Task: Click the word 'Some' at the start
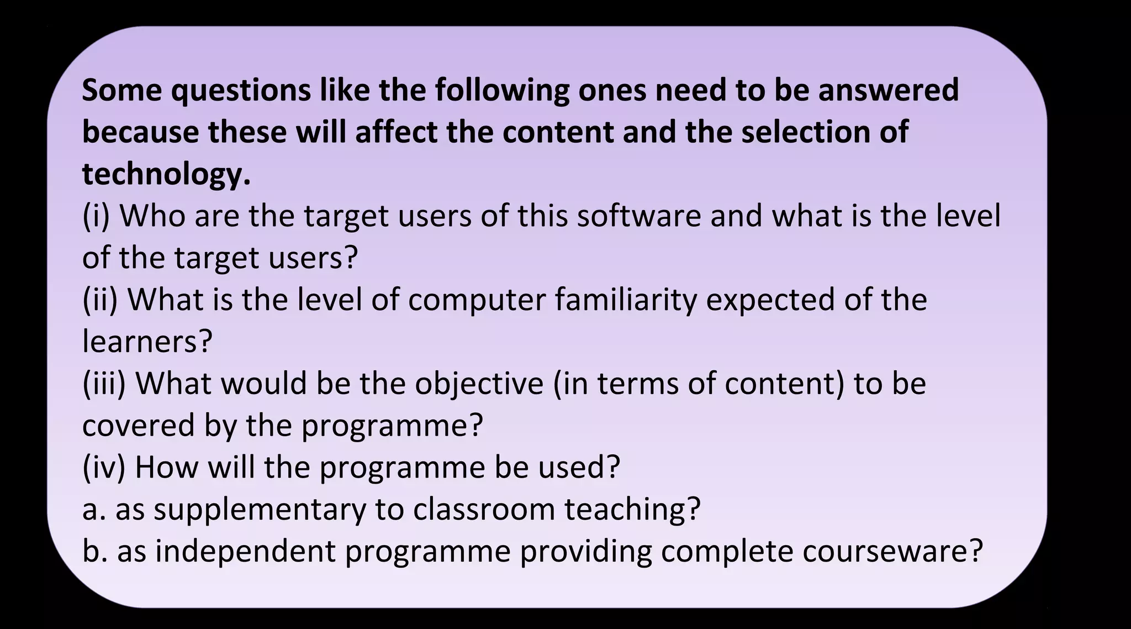[121, 90]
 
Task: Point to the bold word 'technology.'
[166, 174]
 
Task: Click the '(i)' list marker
[96, 216]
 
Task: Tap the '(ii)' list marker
[100, 300]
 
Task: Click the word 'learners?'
[147, 342]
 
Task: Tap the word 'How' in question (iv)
[166, 468]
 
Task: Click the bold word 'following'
[502, 90]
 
